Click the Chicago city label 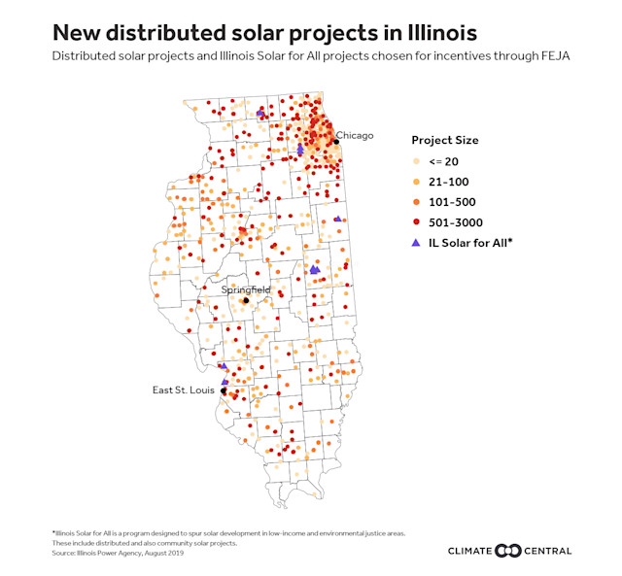click(355, 135)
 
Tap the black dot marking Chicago click(335, 142)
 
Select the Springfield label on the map click(246, 289)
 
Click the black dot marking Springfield click(246, 300)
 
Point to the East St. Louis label click(184, 390)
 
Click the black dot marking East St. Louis click(224, 391)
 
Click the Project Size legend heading click(444, 140)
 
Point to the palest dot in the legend click(417, 161)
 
